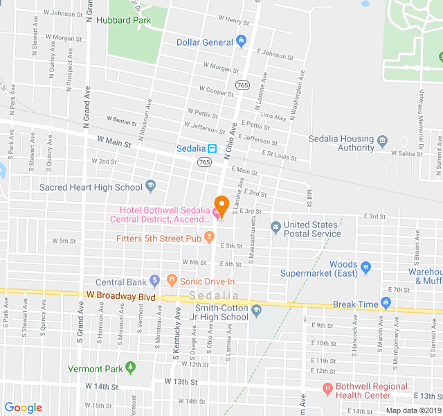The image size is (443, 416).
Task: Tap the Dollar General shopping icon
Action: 241,42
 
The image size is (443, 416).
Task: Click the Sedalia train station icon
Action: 213,148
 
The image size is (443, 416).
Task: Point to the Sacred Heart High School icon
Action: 150,187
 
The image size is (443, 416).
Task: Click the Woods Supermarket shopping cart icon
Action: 367,266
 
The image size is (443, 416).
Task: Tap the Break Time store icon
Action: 386,302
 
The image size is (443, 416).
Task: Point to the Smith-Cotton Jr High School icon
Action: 257,310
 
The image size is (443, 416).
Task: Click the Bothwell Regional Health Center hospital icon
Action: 328,388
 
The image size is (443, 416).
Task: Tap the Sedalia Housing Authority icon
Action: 382,143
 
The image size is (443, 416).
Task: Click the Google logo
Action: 24,408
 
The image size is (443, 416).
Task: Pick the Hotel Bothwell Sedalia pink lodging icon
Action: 217,216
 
